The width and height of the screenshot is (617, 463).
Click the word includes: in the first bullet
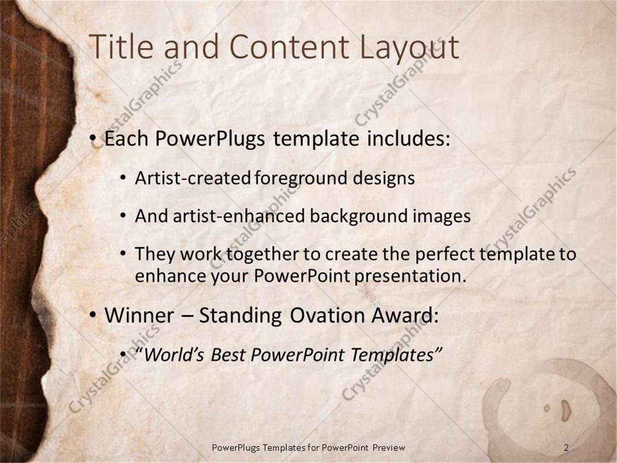click(408, 139)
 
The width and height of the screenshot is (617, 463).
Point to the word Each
click(126, 139)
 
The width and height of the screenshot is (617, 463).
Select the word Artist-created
click(193, 178)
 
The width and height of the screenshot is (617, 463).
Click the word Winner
click(141, 315)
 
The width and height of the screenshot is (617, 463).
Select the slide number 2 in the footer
click(566, 448)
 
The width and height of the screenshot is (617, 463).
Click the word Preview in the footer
click(389, 448)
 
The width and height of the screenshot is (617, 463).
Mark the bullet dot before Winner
click(94, 315)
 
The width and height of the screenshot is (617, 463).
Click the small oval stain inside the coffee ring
click(565, 409)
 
